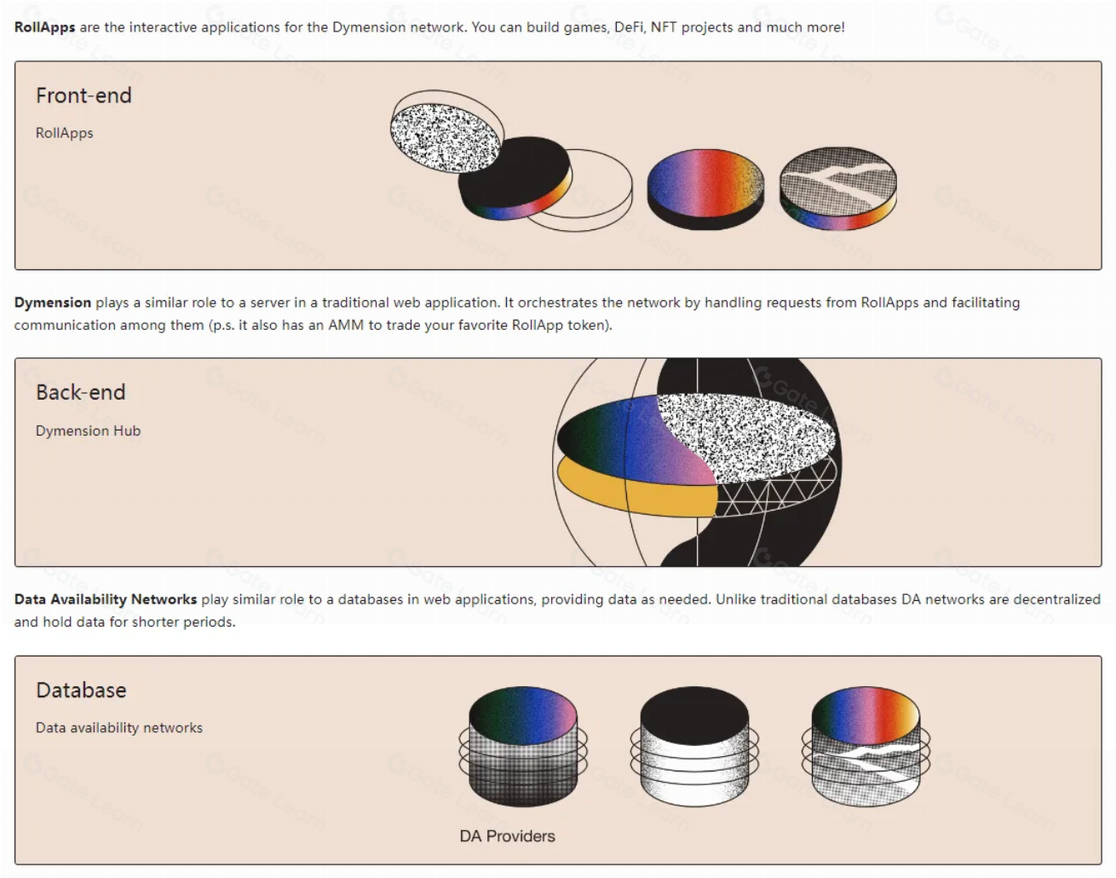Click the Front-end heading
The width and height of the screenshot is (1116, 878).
click(83, 95)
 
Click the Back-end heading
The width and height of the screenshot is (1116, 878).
click(80, 392)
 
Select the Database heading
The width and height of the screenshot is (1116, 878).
click(81, 690)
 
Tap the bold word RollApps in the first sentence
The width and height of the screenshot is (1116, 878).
click(44, 27)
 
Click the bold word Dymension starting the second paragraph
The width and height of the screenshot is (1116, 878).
click(52, 303)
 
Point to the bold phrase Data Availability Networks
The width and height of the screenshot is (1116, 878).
click(105, 599)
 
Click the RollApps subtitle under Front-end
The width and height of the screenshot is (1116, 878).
click(64, 133)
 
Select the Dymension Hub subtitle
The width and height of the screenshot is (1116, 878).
click(88, 430)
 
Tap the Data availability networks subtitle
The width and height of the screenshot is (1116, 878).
click(118, 728)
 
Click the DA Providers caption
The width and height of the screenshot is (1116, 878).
click(507, 836)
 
